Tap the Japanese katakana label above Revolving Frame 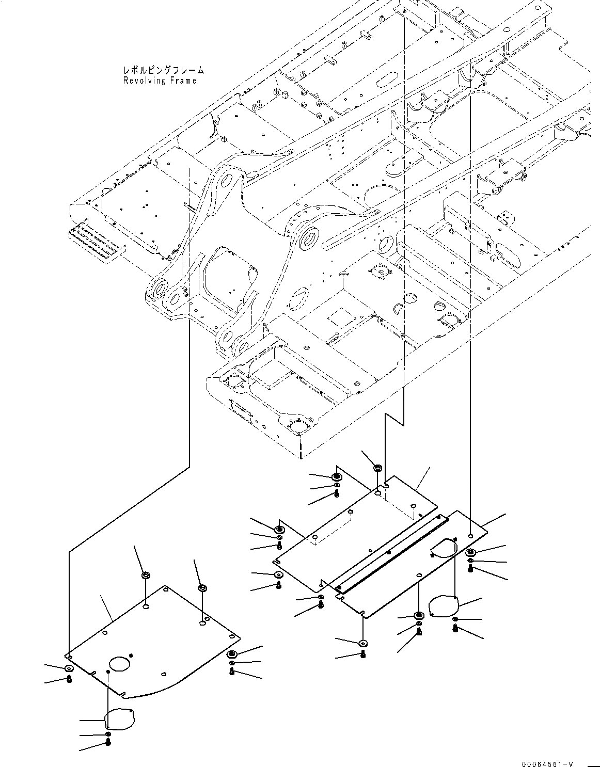click(x=163, y=70)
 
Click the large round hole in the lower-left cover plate click(x=120, y=663)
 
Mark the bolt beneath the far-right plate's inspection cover click(x=455, y=628)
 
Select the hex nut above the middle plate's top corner click(x=377, y=468)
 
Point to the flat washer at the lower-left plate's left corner click(x=69, y=669)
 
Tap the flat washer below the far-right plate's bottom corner click(x=364, y=643)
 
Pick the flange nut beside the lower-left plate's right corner click(x=231, y=654)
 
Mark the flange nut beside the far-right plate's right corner click(x=470, y=553)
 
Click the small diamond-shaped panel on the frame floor click(x=341, y=317)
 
